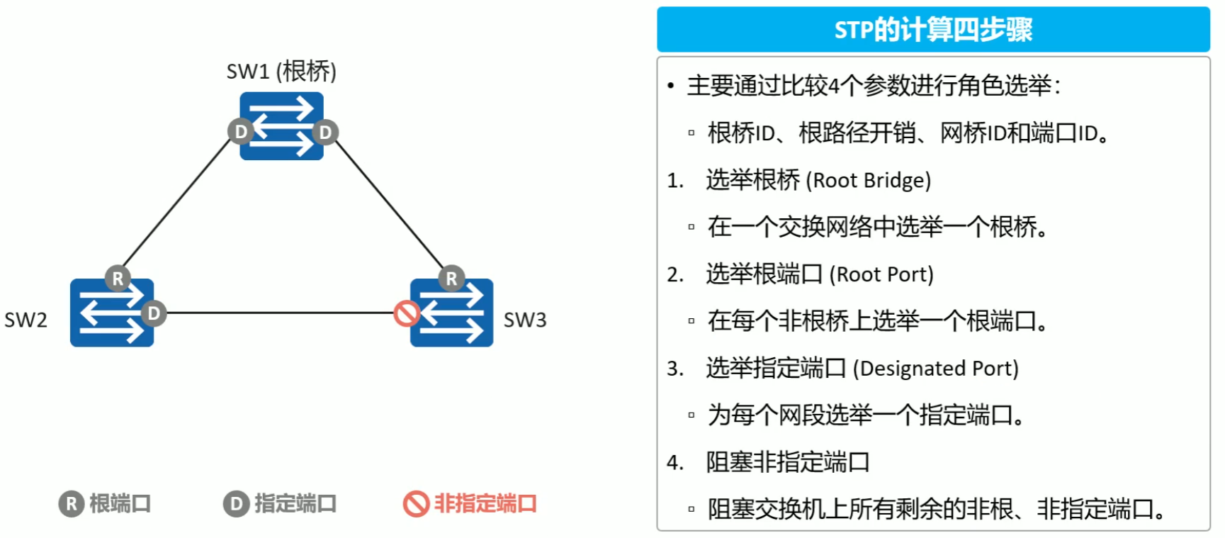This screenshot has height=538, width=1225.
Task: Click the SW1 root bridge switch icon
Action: pyautogui.click(x=281, y=125)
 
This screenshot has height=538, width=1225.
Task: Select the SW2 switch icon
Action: pyautogui.click(x=111, y=313)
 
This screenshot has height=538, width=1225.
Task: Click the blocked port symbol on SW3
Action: pyautogui.click(x=407, y=313)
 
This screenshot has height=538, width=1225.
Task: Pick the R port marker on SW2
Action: pyautogui.click(x=118, y=279)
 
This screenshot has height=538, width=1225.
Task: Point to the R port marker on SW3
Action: pyautogui.click(x=451, y=279)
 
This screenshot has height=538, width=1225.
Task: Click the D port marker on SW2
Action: pyautogui.click(x=154, y=313)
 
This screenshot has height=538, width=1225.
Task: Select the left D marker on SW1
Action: pyautogui.click(x=240, y=132)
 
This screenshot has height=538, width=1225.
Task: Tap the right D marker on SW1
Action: pyautogui.click(x=324, y=132)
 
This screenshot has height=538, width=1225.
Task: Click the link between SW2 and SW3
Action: pyautogui.click(x=280, y=313)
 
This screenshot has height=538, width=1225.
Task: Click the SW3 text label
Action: pyautogui.click(x=524, y=320)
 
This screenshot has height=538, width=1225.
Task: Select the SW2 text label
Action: pyautogui.click(x=26, y=320)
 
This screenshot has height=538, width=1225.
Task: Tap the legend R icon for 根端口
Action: pyautogui.click(x=71, y=504)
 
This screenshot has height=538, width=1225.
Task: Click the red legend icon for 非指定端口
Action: pyautogui.click(x=416, y=504)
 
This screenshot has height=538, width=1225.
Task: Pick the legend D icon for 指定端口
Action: pyautogui.click(x=236, y=504)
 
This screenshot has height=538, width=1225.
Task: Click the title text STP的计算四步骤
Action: pyautogui.click(x=932, y=30)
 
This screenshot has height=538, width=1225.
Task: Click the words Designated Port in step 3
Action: pyautogui.click(x=935, y=369)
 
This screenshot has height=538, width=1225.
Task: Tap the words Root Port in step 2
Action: pyautogui.click(x=881, y=274)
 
